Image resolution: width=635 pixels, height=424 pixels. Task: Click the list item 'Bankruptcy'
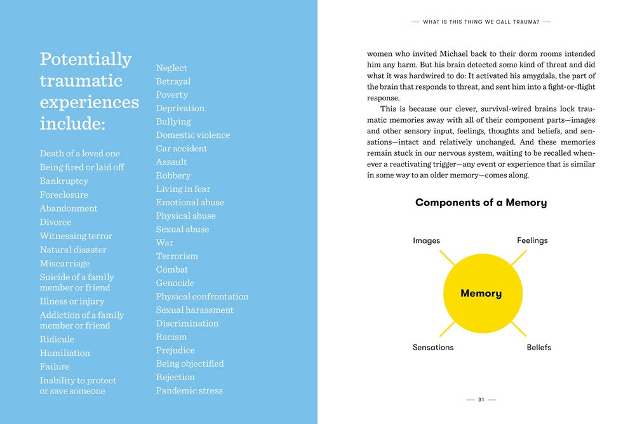tap(64, 181)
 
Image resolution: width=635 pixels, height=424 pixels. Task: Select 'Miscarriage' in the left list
tap(65, 264)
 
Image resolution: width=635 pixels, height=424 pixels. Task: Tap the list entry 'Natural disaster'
tap(73, 250)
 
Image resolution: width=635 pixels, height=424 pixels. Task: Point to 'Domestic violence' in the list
tap(193, 135)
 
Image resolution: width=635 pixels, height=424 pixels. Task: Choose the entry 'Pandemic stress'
tap(189, 390)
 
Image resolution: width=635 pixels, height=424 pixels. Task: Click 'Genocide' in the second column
tap(175, 283)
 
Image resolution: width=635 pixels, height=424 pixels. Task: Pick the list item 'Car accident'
tap(182, 149)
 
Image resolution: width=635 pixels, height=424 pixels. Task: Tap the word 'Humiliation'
tap(65, 353)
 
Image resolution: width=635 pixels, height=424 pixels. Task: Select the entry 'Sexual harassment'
tap(195, 310)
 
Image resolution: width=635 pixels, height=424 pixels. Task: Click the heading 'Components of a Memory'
tap(481, 203)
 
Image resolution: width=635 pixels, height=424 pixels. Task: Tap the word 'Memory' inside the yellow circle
tap(481, 294)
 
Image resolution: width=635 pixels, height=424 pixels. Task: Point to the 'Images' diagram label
tap(426, 241)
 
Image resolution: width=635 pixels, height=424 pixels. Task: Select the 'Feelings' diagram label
tap(532, 241)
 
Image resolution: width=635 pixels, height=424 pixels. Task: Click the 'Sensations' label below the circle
tap(433, 348)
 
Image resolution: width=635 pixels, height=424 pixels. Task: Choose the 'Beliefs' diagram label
tap(538, 348)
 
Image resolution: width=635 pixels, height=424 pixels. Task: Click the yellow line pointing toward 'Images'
tap(448, 258)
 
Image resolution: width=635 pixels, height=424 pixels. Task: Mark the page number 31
tap(481, 400)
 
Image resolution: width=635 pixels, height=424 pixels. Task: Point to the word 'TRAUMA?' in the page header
tap(526, 22)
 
